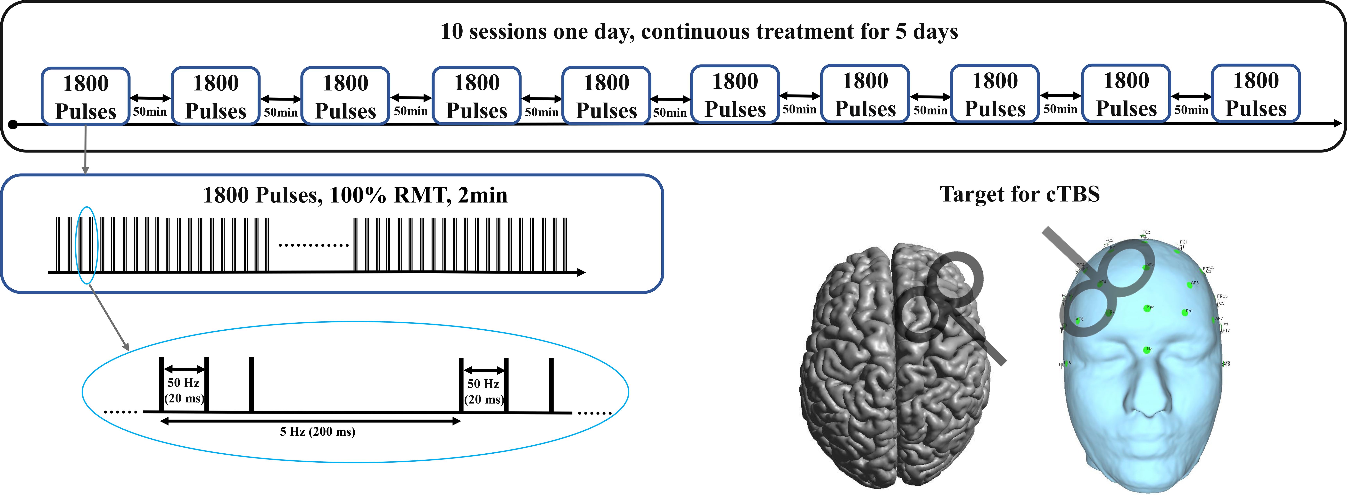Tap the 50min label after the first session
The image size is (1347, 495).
[150, 111]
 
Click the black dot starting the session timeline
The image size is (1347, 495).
[13, 124]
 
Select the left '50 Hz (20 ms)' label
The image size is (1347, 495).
[184, 391]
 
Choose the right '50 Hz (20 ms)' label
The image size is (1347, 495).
[483, 392]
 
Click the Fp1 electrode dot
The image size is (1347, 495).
[1185, 313]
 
